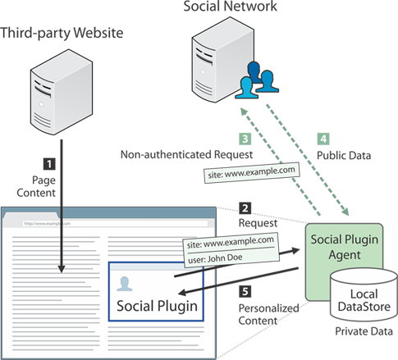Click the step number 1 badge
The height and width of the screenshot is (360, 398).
(49, 164)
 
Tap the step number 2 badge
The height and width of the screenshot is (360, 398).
(245, 208)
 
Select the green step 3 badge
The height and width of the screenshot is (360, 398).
(245, 139)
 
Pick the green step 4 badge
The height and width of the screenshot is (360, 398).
(323, 139)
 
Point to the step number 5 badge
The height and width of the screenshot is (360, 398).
(245, 291)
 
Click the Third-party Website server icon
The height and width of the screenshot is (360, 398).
(62, 92)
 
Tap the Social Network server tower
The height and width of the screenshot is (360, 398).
(223, 60)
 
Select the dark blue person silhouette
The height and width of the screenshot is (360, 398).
(254, 71)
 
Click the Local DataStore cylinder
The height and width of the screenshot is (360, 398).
(364, 294)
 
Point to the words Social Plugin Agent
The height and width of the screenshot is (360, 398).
(345, 247)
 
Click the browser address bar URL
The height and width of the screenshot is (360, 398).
(47, 224)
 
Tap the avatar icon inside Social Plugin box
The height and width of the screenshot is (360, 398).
(125, 284)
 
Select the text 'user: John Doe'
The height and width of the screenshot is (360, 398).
(215, 258)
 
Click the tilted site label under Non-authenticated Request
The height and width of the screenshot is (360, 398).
(252, 173)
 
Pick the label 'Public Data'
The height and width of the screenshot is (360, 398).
(344, 156)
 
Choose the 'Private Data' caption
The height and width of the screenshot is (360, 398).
(364, 331)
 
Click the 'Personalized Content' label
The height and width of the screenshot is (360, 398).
(268, 314)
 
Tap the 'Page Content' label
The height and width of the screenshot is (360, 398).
(36, 186)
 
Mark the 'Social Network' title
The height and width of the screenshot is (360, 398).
(230, 7)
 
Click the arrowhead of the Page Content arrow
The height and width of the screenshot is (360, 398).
(62, 269)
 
